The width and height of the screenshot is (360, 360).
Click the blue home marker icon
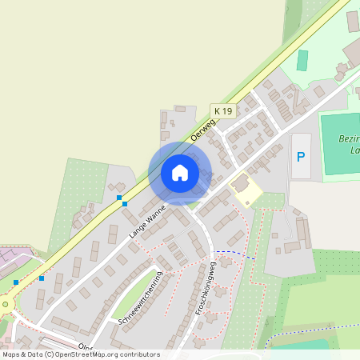(180, 173)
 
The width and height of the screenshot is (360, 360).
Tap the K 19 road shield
(222, 110)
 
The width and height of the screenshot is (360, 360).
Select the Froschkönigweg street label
(205, 287)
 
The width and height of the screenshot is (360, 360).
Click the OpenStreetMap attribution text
(81, 354)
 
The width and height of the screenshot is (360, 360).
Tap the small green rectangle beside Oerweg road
(302, 60)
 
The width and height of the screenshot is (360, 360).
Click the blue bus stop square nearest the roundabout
(15, 282)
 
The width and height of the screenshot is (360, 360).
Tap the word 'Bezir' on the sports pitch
(349, 138)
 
